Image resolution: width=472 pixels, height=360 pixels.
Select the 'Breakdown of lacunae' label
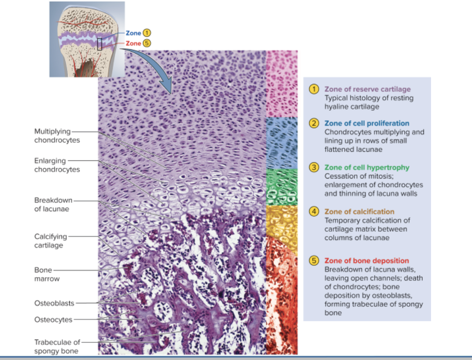53,204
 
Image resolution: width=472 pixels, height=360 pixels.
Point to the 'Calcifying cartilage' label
51,241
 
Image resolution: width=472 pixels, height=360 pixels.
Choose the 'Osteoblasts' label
54,303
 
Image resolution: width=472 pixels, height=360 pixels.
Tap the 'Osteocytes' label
53,320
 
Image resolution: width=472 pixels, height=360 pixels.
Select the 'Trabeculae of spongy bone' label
57,346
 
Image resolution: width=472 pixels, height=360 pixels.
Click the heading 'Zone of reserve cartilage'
367,89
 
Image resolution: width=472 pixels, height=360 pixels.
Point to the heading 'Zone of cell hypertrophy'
367,167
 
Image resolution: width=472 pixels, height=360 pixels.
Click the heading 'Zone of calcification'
359,212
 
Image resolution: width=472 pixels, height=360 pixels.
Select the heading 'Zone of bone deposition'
367,260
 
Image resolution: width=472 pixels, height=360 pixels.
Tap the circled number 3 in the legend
315,167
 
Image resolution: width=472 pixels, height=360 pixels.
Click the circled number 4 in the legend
315,212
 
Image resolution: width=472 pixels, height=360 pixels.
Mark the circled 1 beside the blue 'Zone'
146,33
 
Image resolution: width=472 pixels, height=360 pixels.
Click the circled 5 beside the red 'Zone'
146,43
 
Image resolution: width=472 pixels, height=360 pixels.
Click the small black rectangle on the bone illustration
100,44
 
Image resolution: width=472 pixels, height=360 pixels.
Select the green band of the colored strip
282,186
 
